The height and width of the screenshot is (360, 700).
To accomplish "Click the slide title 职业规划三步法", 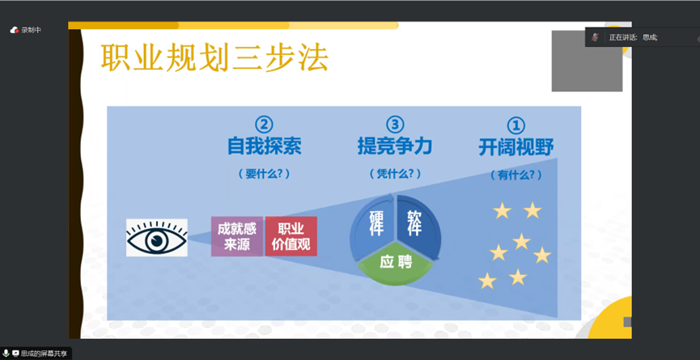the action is point(214,57).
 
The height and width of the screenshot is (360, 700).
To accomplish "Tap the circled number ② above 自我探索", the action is point(264,125).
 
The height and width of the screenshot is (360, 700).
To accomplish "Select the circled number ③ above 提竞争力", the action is point(395,125).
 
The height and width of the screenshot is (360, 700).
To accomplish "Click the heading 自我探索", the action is point(265,146).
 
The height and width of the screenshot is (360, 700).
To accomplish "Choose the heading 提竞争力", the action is point(395,146).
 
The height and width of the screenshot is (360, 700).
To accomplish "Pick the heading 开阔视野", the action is point(516,147).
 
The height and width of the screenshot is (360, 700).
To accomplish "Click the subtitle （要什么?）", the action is point(264,174).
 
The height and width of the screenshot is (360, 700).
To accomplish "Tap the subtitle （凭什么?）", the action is point(395,174).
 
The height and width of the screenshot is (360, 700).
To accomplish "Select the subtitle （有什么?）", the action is point(516,176).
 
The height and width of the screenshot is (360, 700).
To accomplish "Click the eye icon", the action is point(157,237).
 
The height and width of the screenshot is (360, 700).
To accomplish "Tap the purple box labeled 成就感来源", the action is point(237,236).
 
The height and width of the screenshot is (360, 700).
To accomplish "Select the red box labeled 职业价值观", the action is point(291,236).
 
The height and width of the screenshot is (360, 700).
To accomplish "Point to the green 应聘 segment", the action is point(396,264).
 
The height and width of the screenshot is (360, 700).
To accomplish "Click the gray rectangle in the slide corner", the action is point(587,61).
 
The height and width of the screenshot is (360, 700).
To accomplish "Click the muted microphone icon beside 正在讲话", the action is point(595,37).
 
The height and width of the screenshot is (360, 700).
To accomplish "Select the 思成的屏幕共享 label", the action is point(44,354).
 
